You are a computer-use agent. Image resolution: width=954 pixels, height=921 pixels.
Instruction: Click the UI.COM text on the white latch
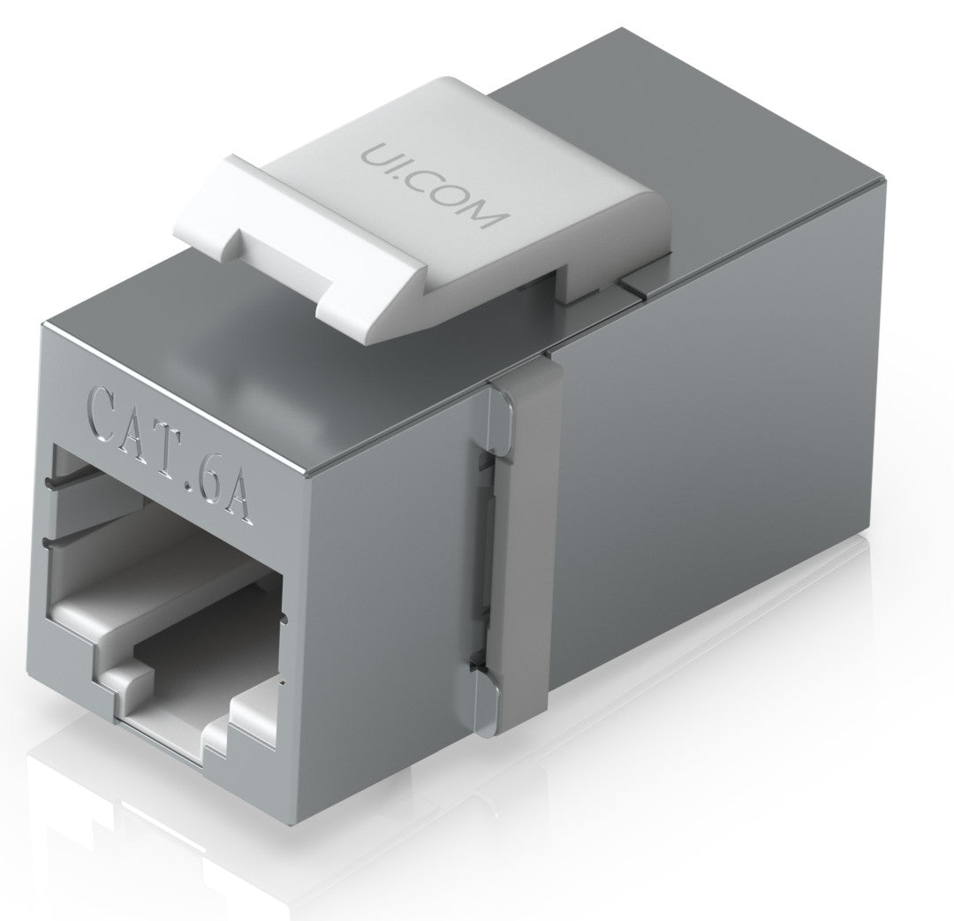pos(431,186)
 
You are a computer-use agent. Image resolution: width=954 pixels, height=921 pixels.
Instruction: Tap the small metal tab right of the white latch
pos(640,284)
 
